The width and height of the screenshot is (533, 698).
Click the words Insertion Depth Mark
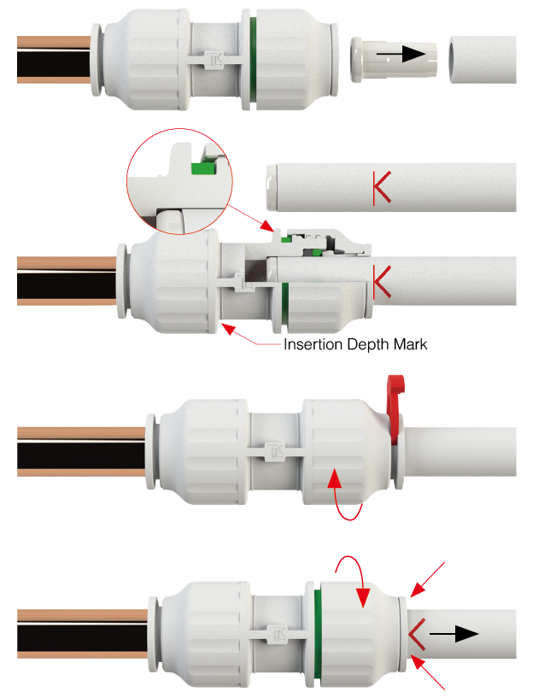tap(355, 345)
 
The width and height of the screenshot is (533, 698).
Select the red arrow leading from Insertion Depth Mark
tap(248, 335)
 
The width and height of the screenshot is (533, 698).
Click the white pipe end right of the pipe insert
tap(483, 59)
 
